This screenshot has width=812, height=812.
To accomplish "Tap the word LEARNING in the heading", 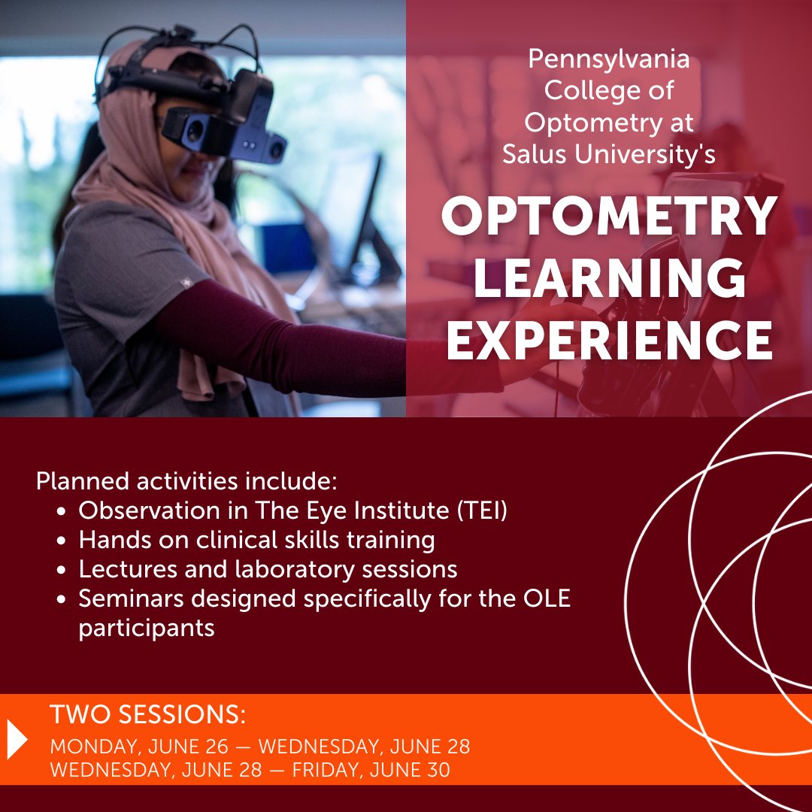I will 608,278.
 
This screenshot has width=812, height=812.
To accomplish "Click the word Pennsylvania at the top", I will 608,58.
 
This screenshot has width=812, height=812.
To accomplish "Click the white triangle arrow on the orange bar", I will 17,739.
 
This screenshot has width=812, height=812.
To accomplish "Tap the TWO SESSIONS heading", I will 147,715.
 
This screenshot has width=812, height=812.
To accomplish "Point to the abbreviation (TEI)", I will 483,511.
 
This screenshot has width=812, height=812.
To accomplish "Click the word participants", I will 147,628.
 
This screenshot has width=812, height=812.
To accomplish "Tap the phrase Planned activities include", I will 187,480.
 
